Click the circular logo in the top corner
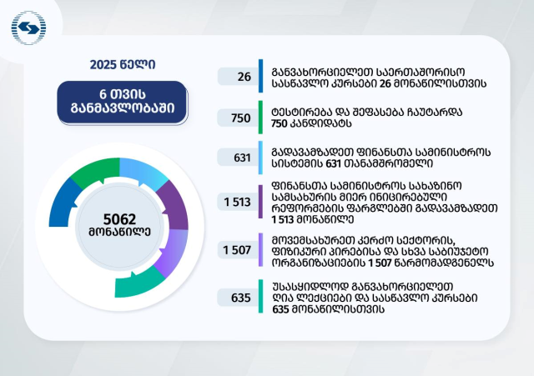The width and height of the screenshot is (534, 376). tap(28, 28)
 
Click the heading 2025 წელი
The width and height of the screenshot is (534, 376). tap(123, 65)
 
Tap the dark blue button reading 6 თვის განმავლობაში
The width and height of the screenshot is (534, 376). tap(123, 102)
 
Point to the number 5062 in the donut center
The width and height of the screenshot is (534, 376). tap(119, 219)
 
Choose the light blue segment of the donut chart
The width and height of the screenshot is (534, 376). tap(143, 171)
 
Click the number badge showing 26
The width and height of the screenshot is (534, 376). tap(238, 77)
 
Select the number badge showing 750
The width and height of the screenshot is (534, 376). tap(238, 118)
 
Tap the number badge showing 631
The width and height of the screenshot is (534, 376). tap(238, 158)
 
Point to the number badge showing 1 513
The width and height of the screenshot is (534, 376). tap(238, 202)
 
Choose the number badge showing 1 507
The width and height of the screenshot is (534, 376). tap(238, 250)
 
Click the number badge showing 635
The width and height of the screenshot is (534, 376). tap(238, 298)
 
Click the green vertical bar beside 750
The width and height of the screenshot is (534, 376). tap(260, 118)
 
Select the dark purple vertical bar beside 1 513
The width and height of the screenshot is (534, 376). tap(260, 202)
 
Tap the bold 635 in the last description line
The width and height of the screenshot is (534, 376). tap(280, 309)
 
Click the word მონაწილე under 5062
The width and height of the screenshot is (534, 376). tap(119, 232)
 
